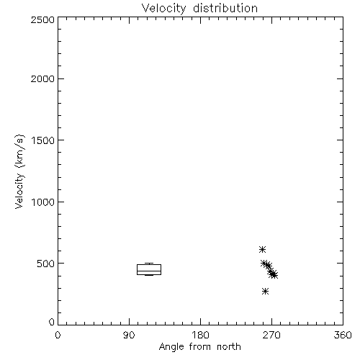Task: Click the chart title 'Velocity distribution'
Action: pyautogui.click(x=199, y=9)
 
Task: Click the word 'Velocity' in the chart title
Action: pyautogui.click(x=164, y=9)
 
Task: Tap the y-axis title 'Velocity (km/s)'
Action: pyautogui.click(x=19, y=171)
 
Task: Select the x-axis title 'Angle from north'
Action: pyautogui.click(x=199, y=347)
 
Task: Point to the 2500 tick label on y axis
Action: pyautogui.click(x=42, y=19)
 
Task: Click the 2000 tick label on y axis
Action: pyautogui.click(x=42, y=78)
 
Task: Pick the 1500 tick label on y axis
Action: pyautogui.click(x=43, y=140)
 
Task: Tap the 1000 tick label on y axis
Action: pyautogui.click(x=43, y=202)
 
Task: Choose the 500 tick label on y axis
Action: pyautogui.click(x=46, y=264)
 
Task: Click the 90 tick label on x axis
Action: pyautogui.click(x=129, y=335)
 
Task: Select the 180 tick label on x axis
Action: pyautogui.click(x=200, y=335)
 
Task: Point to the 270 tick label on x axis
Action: pyautogui.click(x=271, y=335)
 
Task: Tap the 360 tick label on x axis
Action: pyautogui.click(x=343, y=335)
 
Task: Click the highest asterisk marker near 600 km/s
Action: pyautogui.click(x=262, y=250)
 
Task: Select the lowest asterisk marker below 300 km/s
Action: pyautogui.click(x=265, y=292)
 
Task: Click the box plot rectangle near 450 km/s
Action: pyautogui.click(x=149, y=265)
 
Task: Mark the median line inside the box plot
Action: pyautogui.click(x=149, y=271)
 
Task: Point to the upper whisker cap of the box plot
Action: pyautogui.click(x=149, y=264)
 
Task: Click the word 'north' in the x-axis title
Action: pyautogui.click(x=229, y=347)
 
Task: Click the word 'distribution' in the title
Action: pyautogui.click(x=225, y=9)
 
